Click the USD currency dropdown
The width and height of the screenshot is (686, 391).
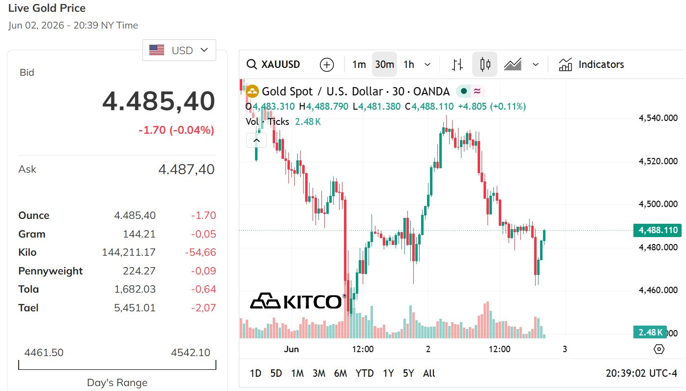(x=179, y=50)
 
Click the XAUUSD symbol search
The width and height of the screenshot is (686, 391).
(x=273, y=64)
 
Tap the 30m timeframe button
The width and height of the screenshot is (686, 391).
(x=384, y=64)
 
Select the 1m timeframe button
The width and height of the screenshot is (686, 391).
(x=359, y=64)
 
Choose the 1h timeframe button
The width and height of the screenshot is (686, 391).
(x=408, y=64)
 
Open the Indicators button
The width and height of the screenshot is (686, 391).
(x=591, y=64)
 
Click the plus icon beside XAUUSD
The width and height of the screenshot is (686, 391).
(x=327, y=64)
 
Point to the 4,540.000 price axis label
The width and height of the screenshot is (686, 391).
(x=658, y=118)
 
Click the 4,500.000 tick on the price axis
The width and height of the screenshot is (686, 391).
(x=658, y=204)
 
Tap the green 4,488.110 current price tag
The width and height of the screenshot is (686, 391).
(x=657, y=230)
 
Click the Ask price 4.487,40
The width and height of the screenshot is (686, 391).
(x=186, y=170)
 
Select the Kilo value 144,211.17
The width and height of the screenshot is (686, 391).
(x=129, y=252)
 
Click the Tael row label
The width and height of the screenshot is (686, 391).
(x=28, y=308)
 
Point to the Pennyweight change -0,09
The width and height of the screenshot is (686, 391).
(x=203, y=271)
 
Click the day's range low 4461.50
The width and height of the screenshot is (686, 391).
(x=44, y=353)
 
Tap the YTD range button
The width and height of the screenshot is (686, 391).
(x=365, y=373)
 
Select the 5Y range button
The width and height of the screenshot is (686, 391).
(x=408, y=373)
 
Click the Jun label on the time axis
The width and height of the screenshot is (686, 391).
(x=291, y=349)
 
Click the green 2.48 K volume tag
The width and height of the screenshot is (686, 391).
(x=650, y=332)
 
